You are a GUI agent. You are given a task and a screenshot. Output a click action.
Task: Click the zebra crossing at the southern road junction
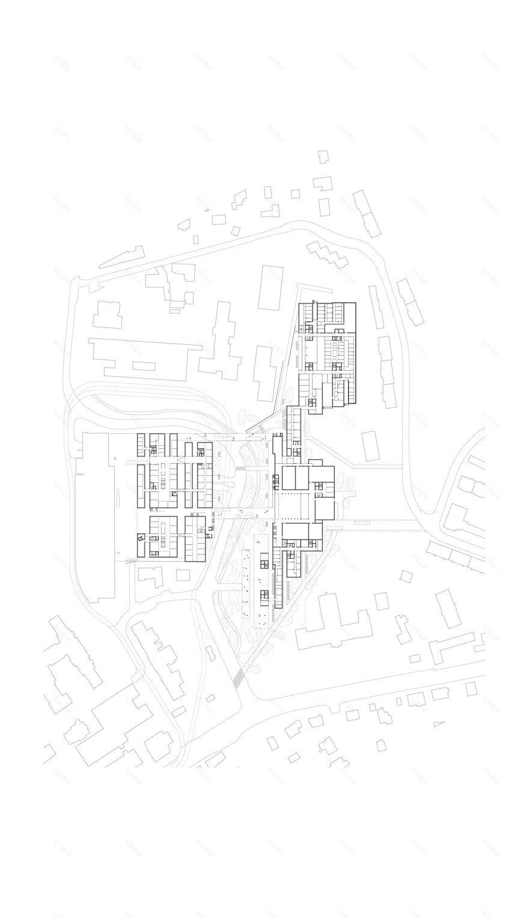pos(239,677)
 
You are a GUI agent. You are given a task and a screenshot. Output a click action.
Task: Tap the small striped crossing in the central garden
pos(240,467)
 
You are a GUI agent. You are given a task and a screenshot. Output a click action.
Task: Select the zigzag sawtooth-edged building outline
pos(327,254)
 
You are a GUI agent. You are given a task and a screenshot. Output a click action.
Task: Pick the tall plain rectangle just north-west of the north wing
pos(271,288)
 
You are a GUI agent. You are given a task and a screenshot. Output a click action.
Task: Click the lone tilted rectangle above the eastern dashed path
pos(371,446)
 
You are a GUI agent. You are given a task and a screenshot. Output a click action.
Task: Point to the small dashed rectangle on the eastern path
pos(362,523)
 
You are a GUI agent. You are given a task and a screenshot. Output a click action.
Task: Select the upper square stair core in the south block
pos(265,563)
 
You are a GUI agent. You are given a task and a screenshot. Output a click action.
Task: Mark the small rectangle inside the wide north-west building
pos(144,366)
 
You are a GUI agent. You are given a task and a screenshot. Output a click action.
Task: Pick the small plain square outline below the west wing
pos(183,575)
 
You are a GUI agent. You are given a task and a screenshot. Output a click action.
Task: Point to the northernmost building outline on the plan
pos(323,157)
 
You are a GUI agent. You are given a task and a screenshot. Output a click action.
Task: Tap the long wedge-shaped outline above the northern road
pos(122,257)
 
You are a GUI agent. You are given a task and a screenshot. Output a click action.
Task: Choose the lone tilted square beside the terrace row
pos(406,577)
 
